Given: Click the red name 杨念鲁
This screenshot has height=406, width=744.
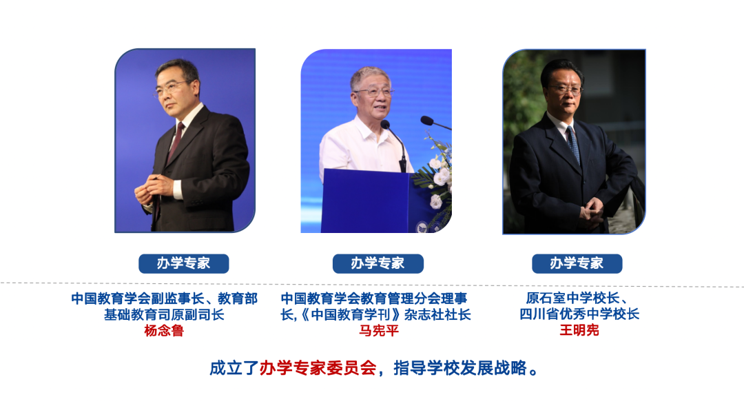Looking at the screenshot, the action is pyautogui.click(x=164, y=330).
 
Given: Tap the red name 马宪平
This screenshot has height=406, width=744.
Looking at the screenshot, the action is pyautogui.click(x=379, y=330).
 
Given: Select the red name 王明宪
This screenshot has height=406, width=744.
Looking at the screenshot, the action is pyautogui.click(x=579, y=330).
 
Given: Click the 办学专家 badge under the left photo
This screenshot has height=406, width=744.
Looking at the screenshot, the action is pyautogui.click(x=184, y=263).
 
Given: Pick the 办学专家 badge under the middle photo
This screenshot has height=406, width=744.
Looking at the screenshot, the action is pyautogui.click(x=378, y=263).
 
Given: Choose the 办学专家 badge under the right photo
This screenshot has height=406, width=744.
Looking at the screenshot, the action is pyautogui.click(x=577, y=263).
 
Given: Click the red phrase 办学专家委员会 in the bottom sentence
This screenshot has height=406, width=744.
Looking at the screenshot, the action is pyautogui.click(x=318, y=368).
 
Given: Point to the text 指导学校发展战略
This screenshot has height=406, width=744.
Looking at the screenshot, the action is pyautogui.click(x=460, y=368).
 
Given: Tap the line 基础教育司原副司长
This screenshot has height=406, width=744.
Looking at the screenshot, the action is pyautogui.click(x=164, y=314).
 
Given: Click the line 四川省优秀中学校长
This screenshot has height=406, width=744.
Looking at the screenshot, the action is pyautogui.click(x=579, y=314).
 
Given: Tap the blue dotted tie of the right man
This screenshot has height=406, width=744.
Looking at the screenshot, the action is pyautogui.click(x=573, y=144).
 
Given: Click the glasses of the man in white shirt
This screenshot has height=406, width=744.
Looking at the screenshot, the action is pyautogui.click(x=374, y=92).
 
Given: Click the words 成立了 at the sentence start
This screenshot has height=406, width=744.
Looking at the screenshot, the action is pyautogui.click(x=234, y=368).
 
